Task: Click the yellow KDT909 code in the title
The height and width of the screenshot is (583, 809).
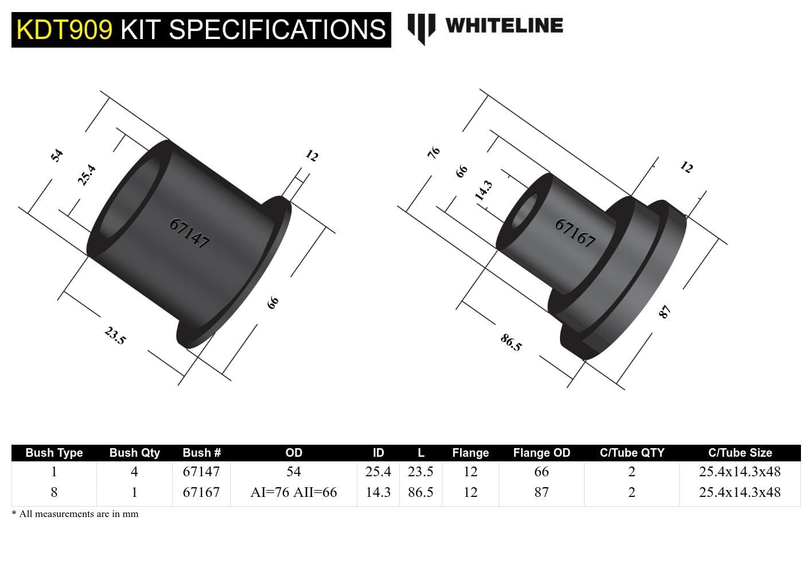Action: pyautogui.click(x=64, y=30)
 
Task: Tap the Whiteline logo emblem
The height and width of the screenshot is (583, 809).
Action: pyautogui.click(x=421, y=28)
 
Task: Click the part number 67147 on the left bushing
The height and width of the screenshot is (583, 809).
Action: pyautogui.click(x=189, y=233)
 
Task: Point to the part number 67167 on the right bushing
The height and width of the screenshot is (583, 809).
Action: pyautogui.click(x=575, y=232)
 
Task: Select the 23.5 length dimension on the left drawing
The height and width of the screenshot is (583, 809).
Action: pyautogui.click(x=115, y=336)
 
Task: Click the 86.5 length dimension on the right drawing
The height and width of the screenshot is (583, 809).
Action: pyautogui.click(x=511, y=343)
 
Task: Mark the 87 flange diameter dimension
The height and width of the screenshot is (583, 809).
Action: pyautogui.click(x=664, y=312)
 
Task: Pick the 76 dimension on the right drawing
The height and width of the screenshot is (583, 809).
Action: pyautogui.click(x=434, y=153)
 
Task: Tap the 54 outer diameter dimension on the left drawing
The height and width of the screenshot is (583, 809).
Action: pyautogui.click(x=56, y=156)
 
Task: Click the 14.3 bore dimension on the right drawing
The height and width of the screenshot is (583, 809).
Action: pyautogui.click(x=483, y=191)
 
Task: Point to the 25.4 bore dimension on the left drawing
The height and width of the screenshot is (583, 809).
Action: pyautogui.click(x=87, y=175)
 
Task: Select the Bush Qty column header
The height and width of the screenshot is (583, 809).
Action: pyautogui.click(x=134, y=453)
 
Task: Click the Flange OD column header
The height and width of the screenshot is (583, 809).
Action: pyautogui.click(x=541, y=453)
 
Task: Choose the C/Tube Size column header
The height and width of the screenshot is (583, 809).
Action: pyautogui.click(x=740, y=453)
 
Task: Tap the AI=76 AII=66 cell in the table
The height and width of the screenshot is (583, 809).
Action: pyautogui.click(x=293, y=492)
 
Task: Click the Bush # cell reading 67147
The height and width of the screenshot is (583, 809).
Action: pyautogui.click(x=201, y=472)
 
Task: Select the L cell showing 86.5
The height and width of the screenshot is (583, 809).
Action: pyautogui.click(x=420, y=492)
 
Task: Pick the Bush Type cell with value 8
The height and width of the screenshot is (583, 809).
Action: pyautogui.click(x=54, y=492)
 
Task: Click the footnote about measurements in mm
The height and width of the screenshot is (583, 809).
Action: pyautogui.click(x=75, y=514)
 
